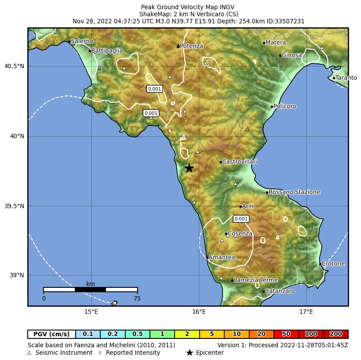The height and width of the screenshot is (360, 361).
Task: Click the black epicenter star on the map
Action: (x=189, y=168)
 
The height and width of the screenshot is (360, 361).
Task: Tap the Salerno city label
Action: (x=82, y=41)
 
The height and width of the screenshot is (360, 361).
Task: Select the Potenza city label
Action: (x=191, y=46)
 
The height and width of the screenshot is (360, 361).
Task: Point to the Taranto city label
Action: (x=346, y=78)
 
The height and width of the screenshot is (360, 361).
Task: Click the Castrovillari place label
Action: (x=240, y=162)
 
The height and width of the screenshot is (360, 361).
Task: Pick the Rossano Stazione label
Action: (x=294, y=192)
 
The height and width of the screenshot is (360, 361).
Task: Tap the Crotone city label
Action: (x=333, y=264)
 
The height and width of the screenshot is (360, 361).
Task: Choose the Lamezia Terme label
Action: (x=256, y=280)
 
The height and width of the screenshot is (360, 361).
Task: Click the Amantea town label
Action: (x=222, y=257)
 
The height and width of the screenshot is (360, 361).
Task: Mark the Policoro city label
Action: (x=284, y=107)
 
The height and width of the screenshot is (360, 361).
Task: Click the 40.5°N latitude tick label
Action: (x=15, y=66)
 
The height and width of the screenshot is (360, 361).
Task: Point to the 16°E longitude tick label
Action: (x=199, y=312)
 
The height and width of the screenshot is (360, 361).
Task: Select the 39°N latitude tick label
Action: (x=17, y=276)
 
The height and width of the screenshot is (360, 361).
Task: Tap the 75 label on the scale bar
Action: (x=137, y=298)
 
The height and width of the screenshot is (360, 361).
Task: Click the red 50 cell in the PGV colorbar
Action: (x=286, y=334)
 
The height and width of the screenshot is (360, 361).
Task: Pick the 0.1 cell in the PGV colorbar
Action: (x=88, y=334)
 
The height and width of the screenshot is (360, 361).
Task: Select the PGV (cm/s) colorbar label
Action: (x=52, y=334)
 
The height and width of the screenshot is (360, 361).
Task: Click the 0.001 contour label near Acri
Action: (x=241, y=219)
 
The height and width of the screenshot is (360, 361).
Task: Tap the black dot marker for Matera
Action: (x=264, y=43)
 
